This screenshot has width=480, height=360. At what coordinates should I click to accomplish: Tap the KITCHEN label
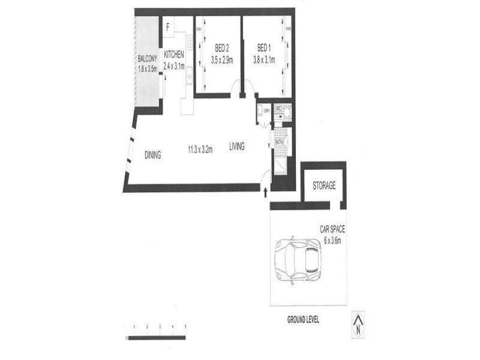(174, 55)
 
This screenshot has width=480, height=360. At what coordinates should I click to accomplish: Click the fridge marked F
(168, 26)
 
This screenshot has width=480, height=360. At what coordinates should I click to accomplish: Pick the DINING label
(153, 155)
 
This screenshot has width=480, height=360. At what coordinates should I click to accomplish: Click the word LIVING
(236, 146)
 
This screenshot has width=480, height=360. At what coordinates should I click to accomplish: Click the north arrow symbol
(358, 325)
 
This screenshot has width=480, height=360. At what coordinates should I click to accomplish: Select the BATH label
(279, 143)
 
